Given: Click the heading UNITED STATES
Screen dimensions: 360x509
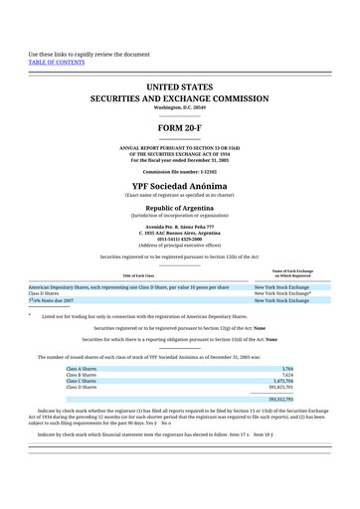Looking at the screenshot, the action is pyautogui.click(x=179, y=87).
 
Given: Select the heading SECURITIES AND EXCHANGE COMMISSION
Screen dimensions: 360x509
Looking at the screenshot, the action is pyautogui.click(x=179, y=99).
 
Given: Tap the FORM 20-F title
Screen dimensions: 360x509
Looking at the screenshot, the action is pyautogui.click(x=179, y=128).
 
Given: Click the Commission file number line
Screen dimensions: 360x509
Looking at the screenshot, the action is pyautogui.click(x=179, y=171).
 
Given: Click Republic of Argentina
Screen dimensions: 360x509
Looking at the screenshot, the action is pyautogui.click(x=179, y=207).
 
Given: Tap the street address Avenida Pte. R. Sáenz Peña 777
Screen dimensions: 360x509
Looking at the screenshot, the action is pyautogui.click(x=179, y=227).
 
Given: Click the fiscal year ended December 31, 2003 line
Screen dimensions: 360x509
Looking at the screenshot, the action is pyautogui.click(x=179, y=160).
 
